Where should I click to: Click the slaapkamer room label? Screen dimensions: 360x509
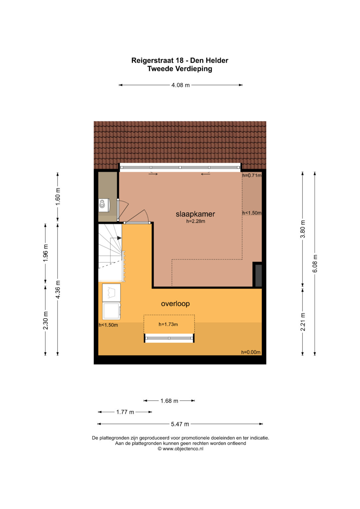click(x=195, y=214)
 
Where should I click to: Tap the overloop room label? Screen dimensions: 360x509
click(x=175, y=304)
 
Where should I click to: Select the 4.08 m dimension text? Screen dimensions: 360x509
click(x=180, y=85)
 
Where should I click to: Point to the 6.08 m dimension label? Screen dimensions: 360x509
click(x=315, y=264)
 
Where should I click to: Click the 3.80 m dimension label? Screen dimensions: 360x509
click(x=303, y=229)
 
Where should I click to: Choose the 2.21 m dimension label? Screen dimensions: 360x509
click(x=303, y=322)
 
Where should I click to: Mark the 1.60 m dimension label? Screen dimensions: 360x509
click(x=58, y=197)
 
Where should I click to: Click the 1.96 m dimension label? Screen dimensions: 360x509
click(x=45, y=253)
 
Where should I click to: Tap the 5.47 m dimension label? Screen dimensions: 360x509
click(x=180, y=424)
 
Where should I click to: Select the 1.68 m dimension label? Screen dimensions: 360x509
click(x=169, y=401)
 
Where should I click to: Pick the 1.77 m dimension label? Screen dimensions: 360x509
click(x=125, y=412)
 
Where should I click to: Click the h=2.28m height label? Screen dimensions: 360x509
click(x=196, y=221)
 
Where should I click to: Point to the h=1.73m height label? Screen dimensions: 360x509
click(x=168, y=324)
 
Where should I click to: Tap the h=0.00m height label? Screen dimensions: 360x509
click(x=251, y=352)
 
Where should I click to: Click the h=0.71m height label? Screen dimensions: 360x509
click(x=252, y=175)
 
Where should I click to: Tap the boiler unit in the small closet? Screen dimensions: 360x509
click(x=104, y=205)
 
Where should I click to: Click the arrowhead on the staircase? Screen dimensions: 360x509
click(x=119, y=238)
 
